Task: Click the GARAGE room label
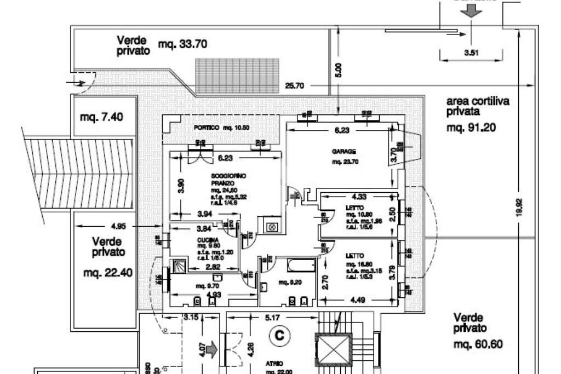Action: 344,151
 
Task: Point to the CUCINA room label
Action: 206,240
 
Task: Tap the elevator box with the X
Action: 333,348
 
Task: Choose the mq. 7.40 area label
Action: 101,117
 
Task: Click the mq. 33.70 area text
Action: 182,44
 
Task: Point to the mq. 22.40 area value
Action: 107,272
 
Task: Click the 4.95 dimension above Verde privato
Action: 118,226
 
